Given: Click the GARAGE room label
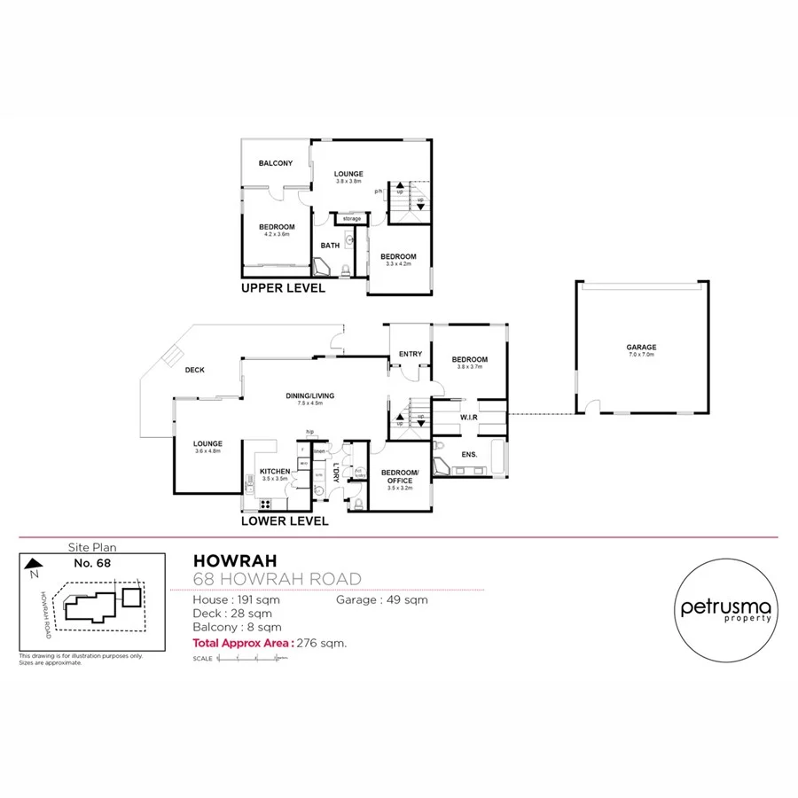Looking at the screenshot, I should (643, 348).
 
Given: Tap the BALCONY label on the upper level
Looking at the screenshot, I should (276, 163).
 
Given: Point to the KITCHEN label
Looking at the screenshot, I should (275, 471).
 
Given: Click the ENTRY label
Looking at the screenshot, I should (410, 355).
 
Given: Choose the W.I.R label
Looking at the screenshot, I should (469, 417).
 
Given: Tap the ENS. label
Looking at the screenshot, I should (469, 455).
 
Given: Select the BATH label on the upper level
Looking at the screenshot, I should (330, 246).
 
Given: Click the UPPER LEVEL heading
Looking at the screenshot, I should (283, 288).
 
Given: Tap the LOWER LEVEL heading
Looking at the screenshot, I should (286, 520).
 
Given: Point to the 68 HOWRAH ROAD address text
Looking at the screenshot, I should (277, 579).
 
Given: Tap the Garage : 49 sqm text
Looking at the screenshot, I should (381, 600).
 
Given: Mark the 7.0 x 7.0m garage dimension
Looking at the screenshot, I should (643, 355).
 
